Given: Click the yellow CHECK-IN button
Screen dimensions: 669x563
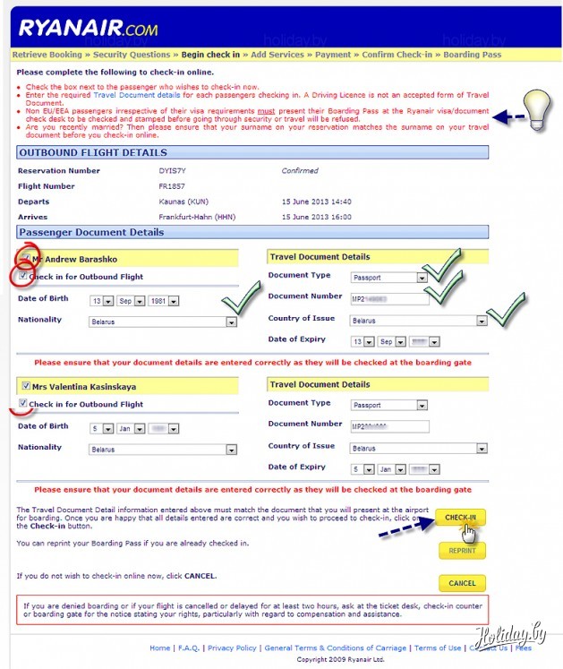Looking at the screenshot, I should click(x=460, y=518).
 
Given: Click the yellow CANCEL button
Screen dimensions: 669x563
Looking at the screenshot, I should click(x=462, y=583).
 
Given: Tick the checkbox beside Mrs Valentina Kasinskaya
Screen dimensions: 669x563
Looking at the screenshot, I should click(x=23, y=386).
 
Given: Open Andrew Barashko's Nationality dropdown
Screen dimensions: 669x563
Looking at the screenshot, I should click(x=162, y=321).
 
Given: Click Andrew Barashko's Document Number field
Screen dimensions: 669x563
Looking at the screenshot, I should click(x=390, y=298).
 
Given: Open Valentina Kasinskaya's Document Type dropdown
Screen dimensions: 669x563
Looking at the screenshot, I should click(x=388, y=405).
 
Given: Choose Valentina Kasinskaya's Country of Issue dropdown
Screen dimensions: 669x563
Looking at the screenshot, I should click(x=418, y=448).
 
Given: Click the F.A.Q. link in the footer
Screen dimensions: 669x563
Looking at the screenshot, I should click(x=189, y=648).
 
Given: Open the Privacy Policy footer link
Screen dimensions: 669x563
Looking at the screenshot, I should click(x=232, y=648).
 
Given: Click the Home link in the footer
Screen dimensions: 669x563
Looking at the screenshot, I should click(x=159, y=648).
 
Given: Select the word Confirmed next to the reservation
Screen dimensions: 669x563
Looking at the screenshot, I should click(x=300, y=171).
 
